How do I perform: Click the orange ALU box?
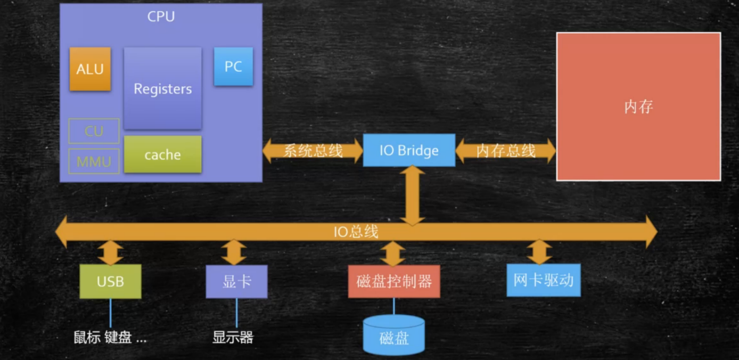90,69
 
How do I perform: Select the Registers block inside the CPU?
162,88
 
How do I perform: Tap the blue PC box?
233,67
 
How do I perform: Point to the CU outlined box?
94,131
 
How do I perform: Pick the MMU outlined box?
94,161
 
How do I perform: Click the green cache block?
162,154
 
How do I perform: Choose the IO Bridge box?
409,150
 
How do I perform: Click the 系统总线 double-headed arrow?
313,151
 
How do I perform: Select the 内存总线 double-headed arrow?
505,151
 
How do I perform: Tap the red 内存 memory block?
638,107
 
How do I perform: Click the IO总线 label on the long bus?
356,232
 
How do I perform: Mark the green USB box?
110,281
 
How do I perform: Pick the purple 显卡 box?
236,281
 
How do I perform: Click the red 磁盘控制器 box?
394,281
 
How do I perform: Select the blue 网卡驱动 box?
543,280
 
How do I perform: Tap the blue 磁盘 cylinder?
394,336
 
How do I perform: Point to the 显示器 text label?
233,337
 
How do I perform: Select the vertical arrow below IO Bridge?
413,195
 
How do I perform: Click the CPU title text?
161,17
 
